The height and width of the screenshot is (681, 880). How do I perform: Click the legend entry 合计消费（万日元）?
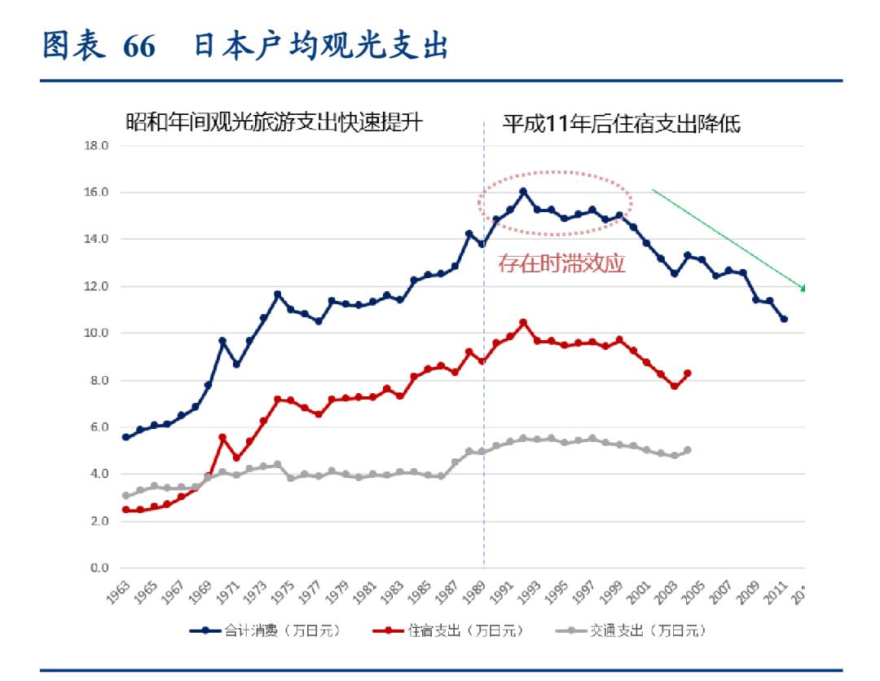click(269, 630)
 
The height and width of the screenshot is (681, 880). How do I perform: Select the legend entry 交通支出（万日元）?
click(638, 630)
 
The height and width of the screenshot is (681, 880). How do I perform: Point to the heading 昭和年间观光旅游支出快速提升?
click(274, 124)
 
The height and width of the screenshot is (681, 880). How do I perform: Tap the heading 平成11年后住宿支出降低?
click(621, 124)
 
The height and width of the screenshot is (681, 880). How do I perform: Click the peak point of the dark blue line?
click(523, 192)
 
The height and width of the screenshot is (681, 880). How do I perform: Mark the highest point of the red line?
click(523, 322)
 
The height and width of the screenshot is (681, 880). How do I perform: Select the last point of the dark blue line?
click(784, 319)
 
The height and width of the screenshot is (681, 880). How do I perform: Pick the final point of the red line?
click(688, 373)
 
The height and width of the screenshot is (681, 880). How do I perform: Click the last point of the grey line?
click(688, 450)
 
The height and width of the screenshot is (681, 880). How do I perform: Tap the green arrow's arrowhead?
click(803, 287)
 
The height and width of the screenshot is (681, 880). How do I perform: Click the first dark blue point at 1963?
click(125, 437)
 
